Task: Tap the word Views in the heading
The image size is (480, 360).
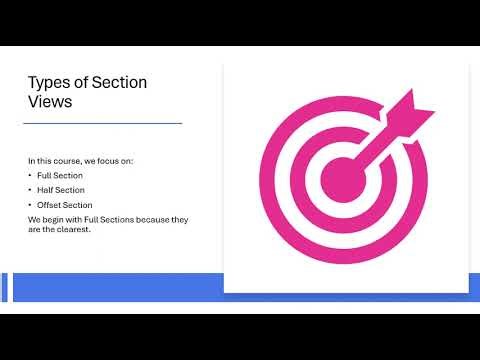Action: coord(50,103)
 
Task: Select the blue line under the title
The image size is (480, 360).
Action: coord(104,123)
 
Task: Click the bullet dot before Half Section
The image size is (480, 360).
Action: coord(30,190)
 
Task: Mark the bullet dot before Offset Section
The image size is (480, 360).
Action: coord(30,205)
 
